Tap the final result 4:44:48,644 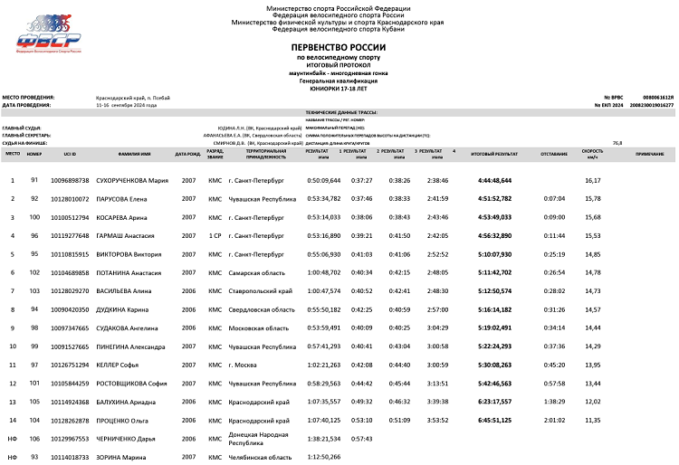(493, 180)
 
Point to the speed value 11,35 (593, 421)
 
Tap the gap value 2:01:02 (553, 421)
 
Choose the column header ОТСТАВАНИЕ (553, 154)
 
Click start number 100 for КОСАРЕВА (34, 217)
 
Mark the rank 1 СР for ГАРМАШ (215, 235)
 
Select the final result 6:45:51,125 (493, 421)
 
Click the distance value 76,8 (617, 143)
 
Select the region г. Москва (244, 365)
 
